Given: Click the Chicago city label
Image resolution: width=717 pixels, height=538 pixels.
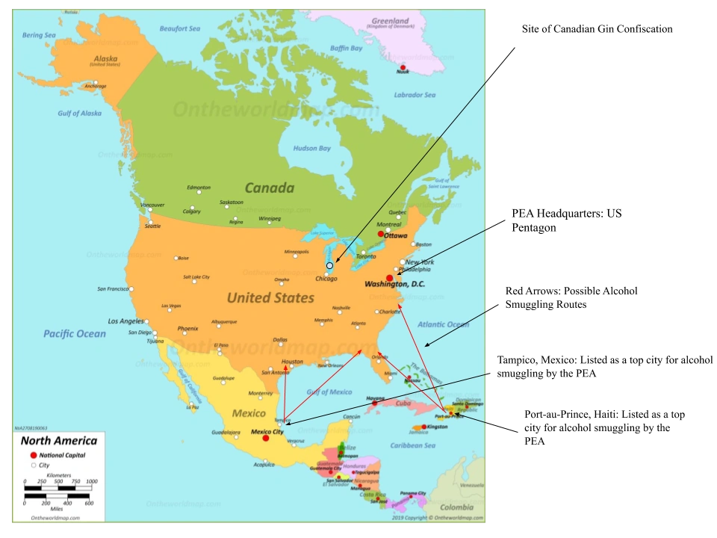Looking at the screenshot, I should (x=326, y=279).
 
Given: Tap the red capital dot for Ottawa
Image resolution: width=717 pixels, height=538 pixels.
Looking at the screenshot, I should (x=381, y=234).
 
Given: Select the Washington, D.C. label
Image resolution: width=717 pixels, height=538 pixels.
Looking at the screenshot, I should (x=395, y=284).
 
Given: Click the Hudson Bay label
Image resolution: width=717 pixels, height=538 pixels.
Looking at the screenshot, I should (x=311, y=148).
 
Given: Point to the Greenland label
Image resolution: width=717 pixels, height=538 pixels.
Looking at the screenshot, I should (x=389, y=21).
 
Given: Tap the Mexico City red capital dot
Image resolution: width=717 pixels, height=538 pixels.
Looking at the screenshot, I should (x=265, y=438).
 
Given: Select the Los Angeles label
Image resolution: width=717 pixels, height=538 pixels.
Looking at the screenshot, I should (x=126, y=321).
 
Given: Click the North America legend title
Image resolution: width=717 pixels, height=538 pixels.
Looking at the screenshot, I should (x=58, y=441).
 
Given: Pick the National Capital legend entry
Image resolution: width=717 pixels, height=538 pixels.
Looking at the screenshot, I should (x=63, y=455).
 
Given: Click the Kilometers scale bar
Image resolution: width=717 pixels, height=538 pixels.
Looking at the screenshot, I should (x=58, y=488).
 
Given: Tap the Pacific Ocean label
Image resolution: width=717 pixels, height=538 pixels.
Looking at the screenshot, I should (x=75, y=333).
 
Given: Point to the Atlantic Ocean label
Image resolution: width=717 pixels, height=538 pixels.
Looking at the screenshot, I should (x=443, y=324).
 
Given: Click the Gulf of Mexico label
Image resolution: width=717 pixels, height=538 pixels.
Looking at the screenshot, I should (x=329, y=392).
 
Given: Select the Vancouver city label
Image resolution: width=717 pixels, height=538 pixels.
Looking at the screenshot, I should (x=152, y=205).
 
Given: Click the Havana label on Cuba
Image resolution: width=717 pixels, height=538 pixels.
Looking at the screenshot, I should (x=376, y=398).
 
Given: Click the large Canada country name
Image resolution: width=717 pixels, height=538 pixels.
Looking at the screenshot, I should (x=270, y=188).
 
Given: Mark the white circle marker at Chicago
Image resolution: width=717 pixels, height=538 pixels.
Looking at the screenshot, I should (x=329, y=265).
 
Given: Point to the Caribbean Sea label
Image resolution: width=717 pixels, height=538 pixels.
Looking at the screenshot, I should (x=413, y=445).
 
